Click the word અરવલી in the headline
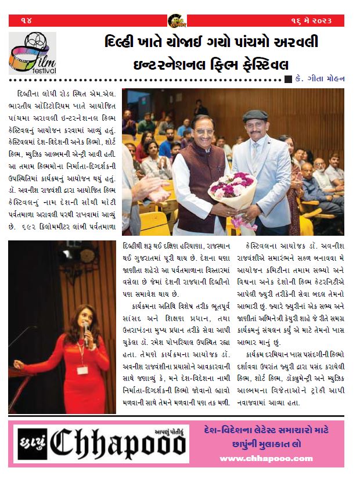pos(296,43)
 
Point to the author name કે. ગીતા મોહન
pos(321,79)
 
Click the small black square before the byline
pos(288,80)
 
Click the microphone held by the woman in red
pos(87,329)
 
